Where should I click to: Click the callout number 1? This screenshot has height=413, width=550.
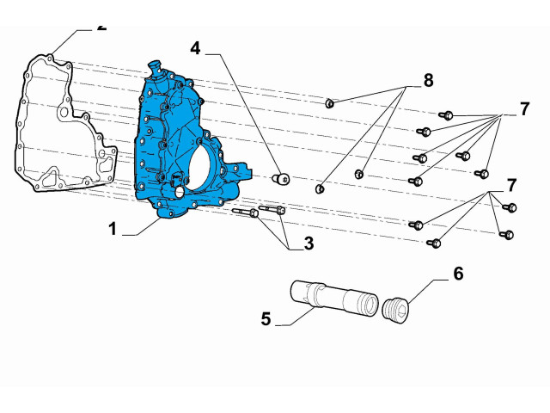(112, 229)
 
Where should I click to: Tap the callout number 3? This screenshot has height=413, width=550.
(307, 243)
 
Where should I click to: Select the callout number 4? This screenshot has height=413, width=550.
(196, 48)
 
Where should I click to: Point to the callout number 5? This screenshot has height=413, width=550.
(266, 318)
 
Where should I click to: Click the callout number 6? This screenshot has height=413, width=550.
(458, 274)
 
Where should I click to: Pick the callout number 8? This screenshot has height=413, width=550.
(427, 81)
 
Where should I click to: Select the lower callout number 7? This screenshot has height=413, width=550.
(511, 185)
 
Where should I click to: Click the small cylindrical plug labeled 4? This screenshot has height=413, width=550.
(280, 179)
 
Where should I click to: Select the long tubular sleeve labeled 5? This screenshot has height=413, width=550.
(334, 300)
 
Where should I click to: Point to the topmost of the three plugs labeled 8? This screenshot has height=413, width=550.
(329, 104)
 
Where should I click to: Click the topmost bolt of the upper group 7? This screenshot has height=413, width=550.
(446, 114)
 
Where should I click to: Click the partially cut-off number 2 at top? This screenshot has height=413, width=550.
(102, 27)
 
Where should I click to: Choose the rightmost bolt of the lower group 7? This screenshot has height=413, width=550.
(510, 207)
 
